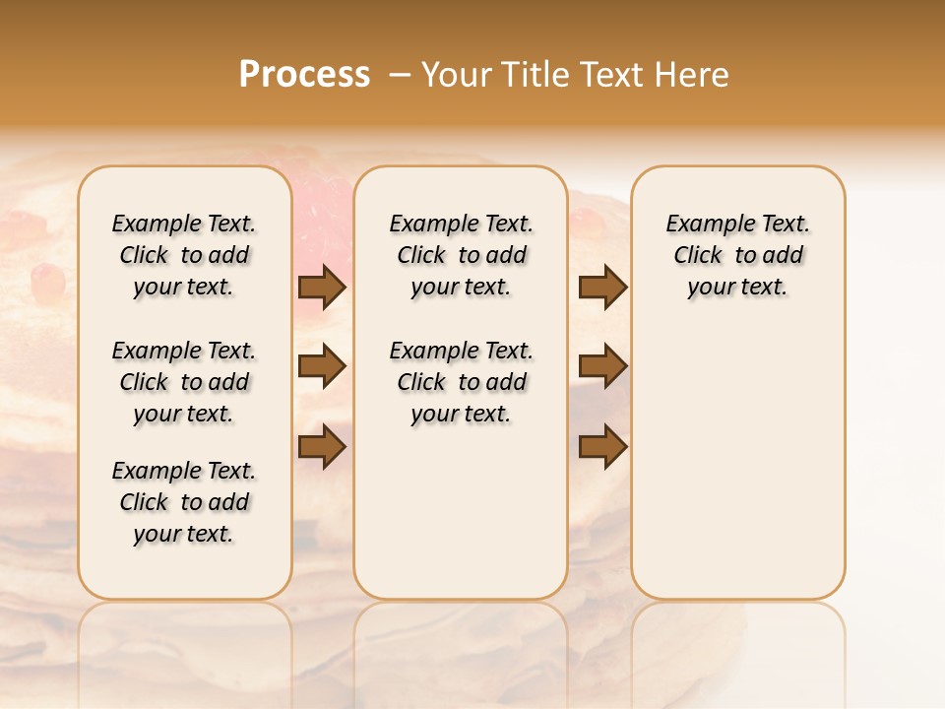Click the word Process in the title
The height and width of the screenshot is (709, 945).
coord(304,75)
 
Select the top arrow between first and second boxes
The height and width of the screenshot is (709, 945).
coord(322,287)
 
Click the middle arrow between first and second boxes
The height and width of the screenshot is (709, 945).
coord(322,366)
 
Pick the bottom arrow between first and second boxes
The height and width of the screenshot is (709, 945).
coord(322,446)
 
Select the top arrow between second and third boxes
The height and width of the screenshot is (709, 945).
coord(602,287)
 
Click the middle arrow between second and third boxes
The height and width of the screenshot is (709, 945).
coord(602,366)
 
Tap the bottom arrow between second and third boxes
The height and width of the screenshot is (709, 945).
coord(602,446)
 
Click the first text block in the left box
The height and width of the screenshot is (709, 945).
coord(184,255)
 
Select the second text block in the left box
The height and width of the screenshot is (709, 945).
coord(184,382)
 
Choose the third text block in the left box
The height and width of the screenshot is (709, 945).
coord(184,502)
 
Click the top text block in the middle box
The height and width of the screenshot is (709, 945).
coord(461,255)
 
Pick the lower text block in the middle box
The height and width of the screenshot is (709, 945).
coord(461,382)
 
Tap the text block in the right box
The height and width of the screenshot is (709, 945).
coord(737,255)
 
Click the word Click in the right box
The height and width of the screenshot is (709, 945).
coord(698,256)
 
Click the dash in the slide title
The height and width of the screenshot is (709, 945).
coord(399,75)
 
